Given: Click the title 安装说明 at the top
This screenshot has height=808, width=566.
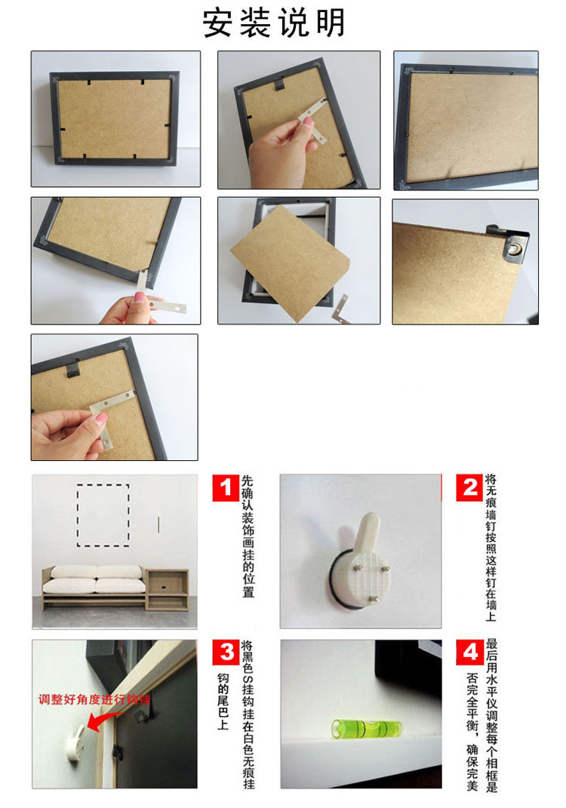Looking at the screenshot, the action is click(273, 23).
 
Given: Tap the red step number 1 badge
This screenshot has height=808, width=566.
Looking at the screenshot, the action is click(225, 487).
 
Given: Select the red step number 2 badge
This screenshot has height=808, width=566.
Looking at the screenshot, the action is click(469, 487).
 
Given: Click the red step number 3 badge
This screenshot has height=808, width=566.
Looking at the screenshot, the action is click(226, 652).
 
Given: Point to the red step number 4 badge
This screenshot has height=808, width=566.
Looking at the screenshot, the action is click(469, 652).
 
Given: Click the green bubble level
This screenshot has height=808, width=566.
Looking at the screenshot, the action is click(367, 729).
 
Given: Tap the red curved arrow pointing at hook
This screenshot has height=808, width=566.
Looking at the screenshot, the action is click(105, 720).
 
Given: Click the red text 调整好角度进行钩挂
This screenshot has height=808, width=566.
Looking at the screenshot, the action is click(94, 699).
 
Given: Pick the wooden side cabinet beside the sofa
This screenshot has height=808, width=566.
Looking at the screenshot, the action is click(167, 589).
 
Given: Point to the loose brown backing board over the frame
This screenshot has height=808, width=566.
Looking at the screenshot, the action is click(291, 263).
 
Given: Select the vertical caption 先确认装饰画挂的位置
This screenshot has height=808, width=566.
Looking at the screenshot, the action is click(248, 536).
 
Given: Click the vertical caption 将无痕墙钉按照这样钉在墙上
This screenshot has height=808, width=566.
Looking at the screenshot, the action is click(491, 548).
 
